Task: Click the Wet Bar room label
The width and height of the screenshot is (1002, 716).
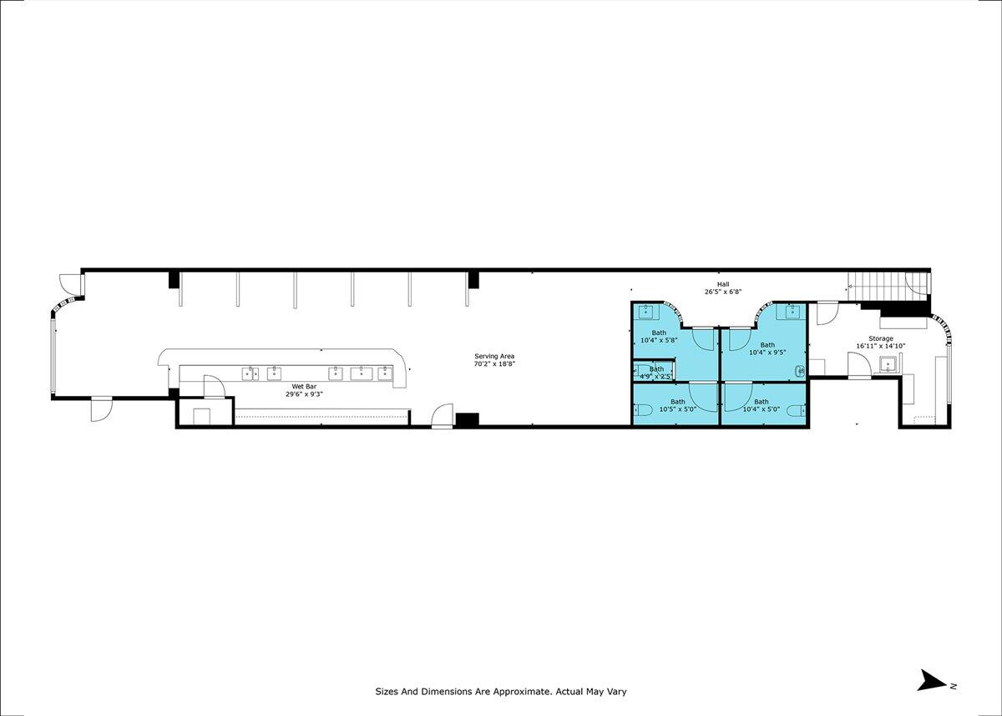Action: click(x=304, y=386)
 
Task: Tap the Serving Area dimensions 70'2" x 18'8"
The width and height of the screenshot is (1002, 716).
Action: click(x=494, y=363)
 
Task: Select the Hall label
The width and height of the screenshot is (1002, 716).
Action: click(x=723, y=284)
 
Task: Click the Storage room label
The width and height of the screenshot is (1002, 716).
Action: click(x=881, y=338)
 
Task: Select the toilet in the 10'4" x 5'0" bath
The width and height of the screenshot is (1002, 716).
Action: click(x=798, y=410)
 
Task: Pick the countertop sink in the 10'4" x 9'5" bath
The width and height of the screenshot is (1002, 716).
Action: click(x=792, y=312)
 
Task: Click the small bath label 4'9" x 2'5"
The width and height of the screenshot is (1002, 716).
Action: click(x=656, y=373)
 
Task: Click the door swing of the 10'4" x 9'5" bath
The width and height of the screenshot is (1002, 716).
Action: click(x=740, y=339)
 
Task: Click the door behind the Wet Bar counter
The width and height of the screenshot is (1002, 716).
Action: click(x=214, y=387)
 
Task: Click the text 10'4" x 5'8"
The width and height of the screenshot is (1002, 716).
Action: click(x=659, y=340)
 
